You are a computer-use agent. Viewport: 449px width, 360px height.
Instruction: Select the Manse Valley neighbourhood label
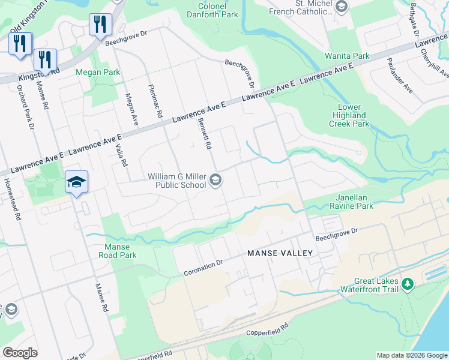point(280,253)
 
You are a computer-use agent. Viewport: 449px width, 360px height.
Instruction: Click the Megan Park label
point(98,73)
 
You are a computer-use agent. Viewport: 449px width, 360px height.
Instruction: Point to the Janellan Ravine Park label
point(351,202)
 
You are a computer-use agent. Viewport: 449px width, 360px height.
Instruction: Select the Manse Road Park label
point(121,251)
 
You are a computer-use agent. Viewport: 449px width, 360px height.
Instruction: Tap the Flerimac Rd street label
point(155,101)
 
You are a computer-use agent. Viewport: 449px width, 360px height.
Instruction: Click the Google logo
point(20,352)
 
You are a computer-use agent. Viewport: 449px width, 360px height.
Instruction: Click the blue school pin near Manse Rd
point(77,181)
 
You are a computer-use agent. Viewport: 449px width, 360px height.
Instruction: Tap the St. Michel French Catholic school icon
point(342,7)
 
